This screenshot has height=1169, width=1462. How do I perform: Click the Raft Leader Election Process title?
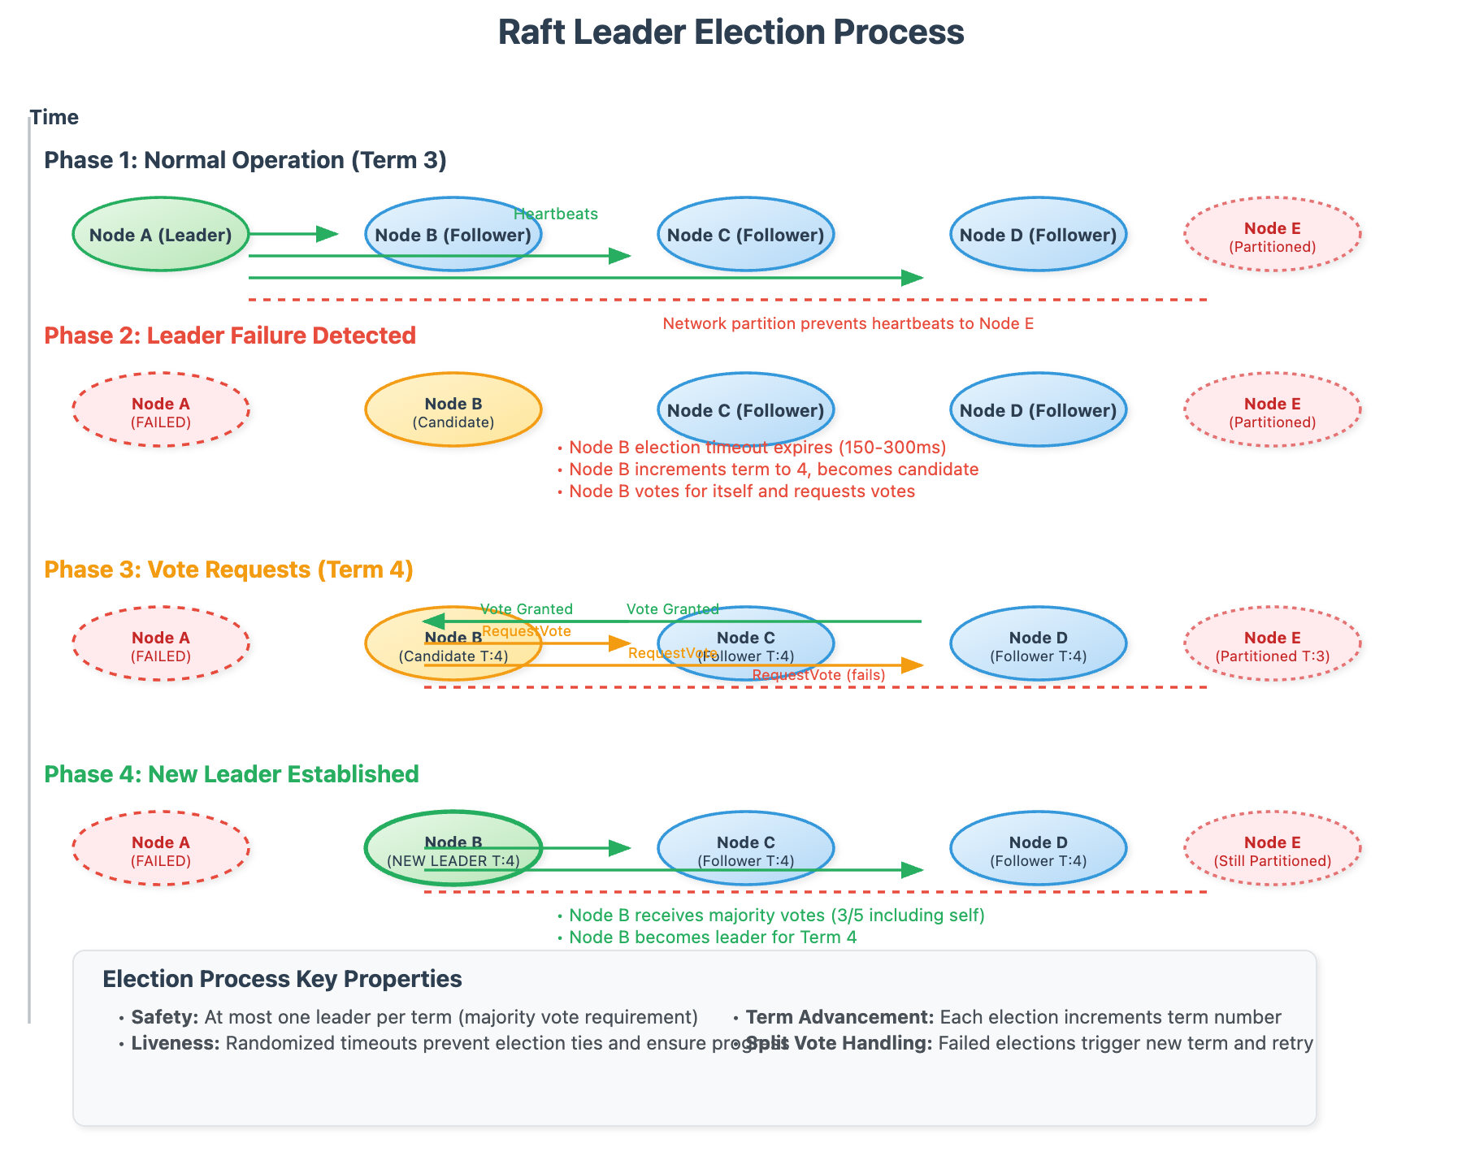[731, 32]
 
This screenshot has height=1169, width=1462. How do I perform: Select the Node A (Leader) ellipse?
[160, 235]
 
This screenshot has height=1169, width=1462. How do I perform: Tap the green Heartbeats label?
[556, 214]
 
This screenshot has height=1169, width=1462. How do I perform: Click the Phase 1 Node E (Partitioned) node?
[1272, 235]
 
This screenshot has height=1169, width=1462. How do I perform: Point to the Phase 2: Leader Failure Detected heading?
[230, 336]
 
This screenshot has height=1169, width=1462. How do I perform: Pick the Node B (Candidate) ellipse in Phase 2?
[453, 410]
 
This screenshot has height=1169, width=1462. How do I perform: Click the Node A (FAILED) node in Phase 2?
[160, 410]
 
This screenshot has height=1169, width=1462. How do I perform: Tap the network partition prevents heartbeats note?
[848, 323]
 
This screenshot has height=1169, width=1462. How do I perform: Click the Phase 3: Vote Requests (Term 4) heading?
[228, 569]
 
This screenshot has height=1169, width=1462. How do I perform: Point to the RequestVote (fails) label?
[818, 675]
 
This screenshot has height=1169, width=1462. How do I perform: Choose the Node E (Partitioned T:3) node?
[1272, 644]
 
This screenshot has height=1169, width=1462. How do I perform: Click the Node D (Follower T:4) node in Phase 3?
[1038, 644]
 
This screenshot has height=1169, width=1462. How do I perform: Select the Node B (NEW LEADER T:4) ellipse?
[453, 849]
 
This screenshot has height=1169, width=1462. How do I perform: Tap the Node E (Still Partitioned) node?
[1272, 849]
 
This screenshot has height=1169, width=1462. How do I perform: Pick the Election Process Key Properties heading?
[282, 979]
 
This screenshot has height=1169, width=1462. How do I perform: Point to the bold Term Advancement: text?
[839, 1017]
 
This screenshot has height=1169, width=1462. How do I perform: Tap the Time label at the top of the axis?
[54, 117]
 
